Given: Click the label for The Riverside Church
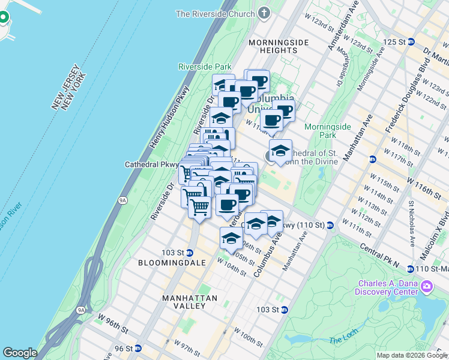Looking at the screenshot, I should click(217, 14).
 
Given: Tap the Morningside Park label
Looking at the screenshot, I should click(327, 131).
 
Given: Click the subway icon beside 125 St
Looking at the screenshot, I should click(411, 42).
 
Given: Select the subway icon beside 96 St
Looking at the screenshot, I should click(138, 348).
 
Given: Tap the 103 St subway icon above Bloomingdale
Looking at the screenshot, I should click(189, 252).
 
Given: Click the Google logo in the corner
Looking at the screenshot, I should click(20, 353).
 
